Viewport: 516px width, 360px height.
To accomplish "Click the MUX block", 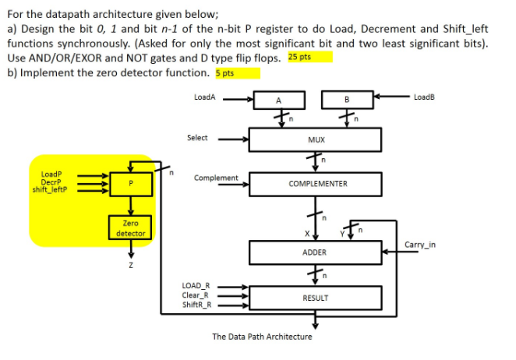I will tap(315, 140).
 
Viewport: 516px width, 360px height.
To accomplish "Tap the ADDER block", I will tap(315, 253).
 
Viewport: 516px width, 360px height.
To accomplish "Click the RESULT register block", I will tap(315, 298).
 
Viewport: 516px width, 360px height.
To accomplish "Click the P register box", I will tap(131, 182).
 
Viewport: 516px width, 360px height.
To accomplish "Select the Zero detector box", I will tap(130, 228).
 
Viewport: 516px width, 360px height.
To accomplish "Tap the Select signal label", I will tap(197, 138).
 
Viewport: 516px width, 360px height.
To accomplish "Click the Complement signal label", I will tap(216, 178).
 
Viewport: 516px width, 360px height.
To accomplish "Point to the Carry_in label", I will tap(420, 245).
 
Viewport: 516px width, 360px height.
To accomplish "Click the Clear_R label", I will tap(196, 295).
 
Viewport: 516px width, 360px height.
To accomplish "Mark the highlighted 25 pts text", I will tap(309, 58).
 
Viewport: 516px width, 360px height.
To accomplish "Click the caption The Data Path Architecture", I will tap(262, 337).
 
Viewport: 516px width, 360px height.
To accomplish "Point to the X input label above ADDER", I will tap(306, 234).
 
